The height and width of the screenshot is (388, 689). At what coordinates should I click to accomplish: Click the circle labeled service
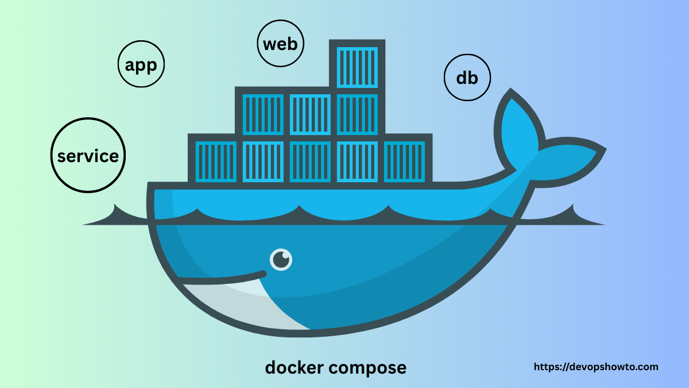coord(88,156)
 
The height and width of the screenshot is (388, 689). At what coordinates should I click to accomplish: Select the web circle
coord(281,44)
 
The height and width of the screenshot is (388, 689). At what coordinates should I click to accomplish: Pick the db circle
coord(467,78)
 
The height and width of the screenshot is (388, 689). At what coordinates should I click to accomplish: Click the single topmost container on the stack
coord(357,66)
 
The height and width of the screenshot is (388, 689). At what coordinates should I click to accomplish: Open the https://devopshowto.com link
coord(596,367)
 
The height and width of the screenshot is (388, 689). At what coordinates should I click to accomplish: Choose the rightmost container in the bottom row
coord(404,162)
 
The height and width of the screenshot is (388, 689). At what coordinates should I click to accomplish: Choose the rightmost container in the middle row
coord(357,114)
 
